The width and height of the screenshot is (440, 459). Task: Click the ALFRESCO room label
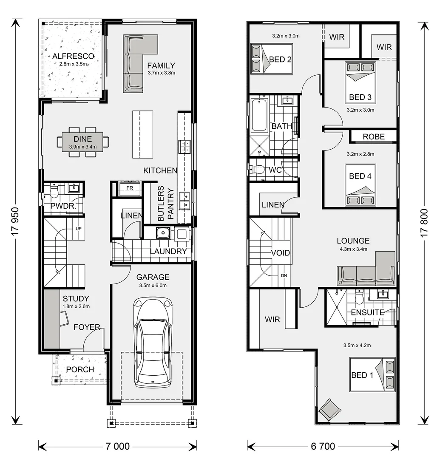coord(70,56)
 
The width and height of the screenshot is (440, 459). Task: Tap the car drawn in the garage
coord(152,342)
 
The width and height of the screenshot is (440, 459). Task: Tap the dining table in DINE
coord(82,142)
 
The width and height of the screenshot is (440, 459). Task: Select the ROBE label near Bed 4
coord(374,136)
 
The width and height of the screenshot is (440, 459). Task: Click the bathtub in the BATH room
coord(259,116)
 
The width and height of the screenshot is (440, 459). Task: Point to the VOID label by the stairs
coord(280,253)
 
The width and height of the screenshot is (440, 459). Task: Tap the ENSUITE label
coord(367,312)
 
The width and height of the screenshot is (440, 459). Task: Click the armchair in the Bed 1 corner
coord(330,409)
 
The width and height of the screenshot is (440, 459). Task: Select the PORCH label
coord(80,369)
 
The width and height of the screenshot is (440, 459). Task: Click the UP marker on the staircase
coord(78,229)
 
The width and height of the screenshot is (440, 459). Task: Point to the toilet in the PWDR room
coord(54,192)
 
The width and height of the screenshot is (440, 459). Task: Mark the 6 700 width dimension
coord(323,446)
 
